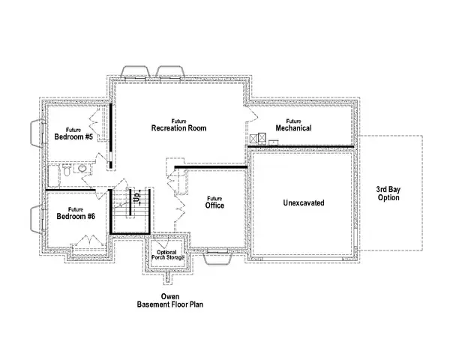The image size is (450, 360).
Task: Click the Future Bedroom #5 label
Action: pyautogui.click(x=73, y=133)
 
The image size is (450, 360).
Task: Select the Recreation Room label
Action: pyautogui.click(x=178, y=125)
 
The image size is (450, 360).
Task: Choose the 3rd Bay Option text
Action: pyautogui.click(x=388, y=193)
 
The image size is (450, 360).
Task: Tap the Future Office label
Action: pyautogui.click(x=215, y=202)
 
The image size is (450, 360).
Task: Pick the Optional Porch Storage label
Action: pyautogui.click(x=170, y=254)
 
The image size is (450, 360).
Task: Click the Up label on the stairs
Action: pyautogui.click(x=137, y=199)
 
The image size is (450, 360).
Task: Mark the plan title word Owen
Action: pyautogui.click(x=169, y=297)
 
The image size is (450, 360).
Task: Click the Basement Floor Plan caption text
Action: pyautogui.click(x=169, y=306)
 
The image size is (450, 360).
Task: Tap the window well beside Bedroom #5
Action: pyautogui.click(x=36, y=133)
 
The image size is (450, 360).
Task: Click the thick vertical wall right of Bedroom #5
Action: pyautogui.click(x=109, y=135)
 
